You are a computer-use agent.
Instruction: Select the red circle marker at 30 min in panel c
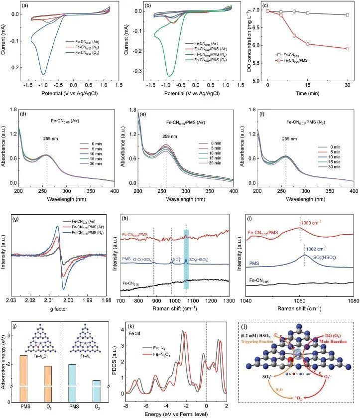click(347, 48)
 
